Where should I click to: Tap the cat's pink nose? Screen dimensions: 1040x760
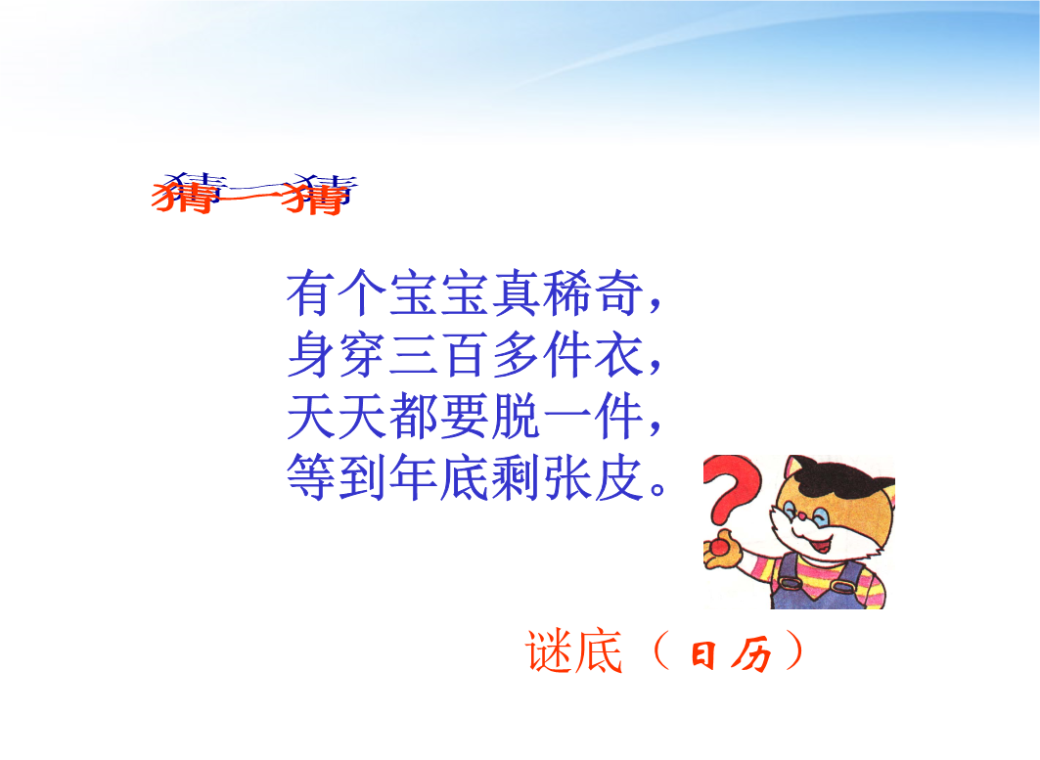(x=802, y=515)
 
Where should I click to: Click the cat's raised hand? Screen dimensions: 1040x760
(x=722, y=550)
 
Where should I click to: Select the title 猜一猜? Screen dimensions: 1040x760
(x=254, y=193)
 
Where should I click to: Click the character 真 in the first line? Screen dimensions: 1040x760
(x=516, y=293)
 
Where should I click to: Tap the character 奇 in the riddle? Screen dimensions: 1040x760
(x=618, y=293)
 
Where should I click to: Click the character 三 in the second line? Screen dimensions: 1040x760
(x=413, y=355)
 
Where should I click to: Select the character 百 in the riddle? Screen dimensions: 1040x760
(x=465, y=355)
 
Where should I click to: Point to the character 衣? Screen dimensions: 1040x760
(x=618, y=355)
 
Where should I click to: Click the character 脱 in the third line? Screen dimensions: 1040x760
(x=516, y=417)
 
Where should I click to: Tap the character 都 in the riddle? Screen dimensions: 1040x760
(x=413, y=417)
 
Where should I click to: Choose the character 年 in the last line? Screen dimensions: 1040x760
(x=413, y=477)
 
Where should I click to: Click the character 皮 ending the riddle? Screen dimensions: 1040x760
(x=618, y=477)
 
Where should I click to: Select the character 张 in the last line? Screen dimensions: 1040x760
(x=567, y=477)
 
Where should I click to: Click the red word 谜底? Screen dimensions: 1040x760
(x=574, y=651)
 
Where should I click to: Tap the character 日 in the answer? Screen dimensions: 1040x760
(x=703, y=654)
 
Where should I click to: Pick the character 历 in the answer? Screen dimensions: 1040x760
(x=751, y=654)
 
